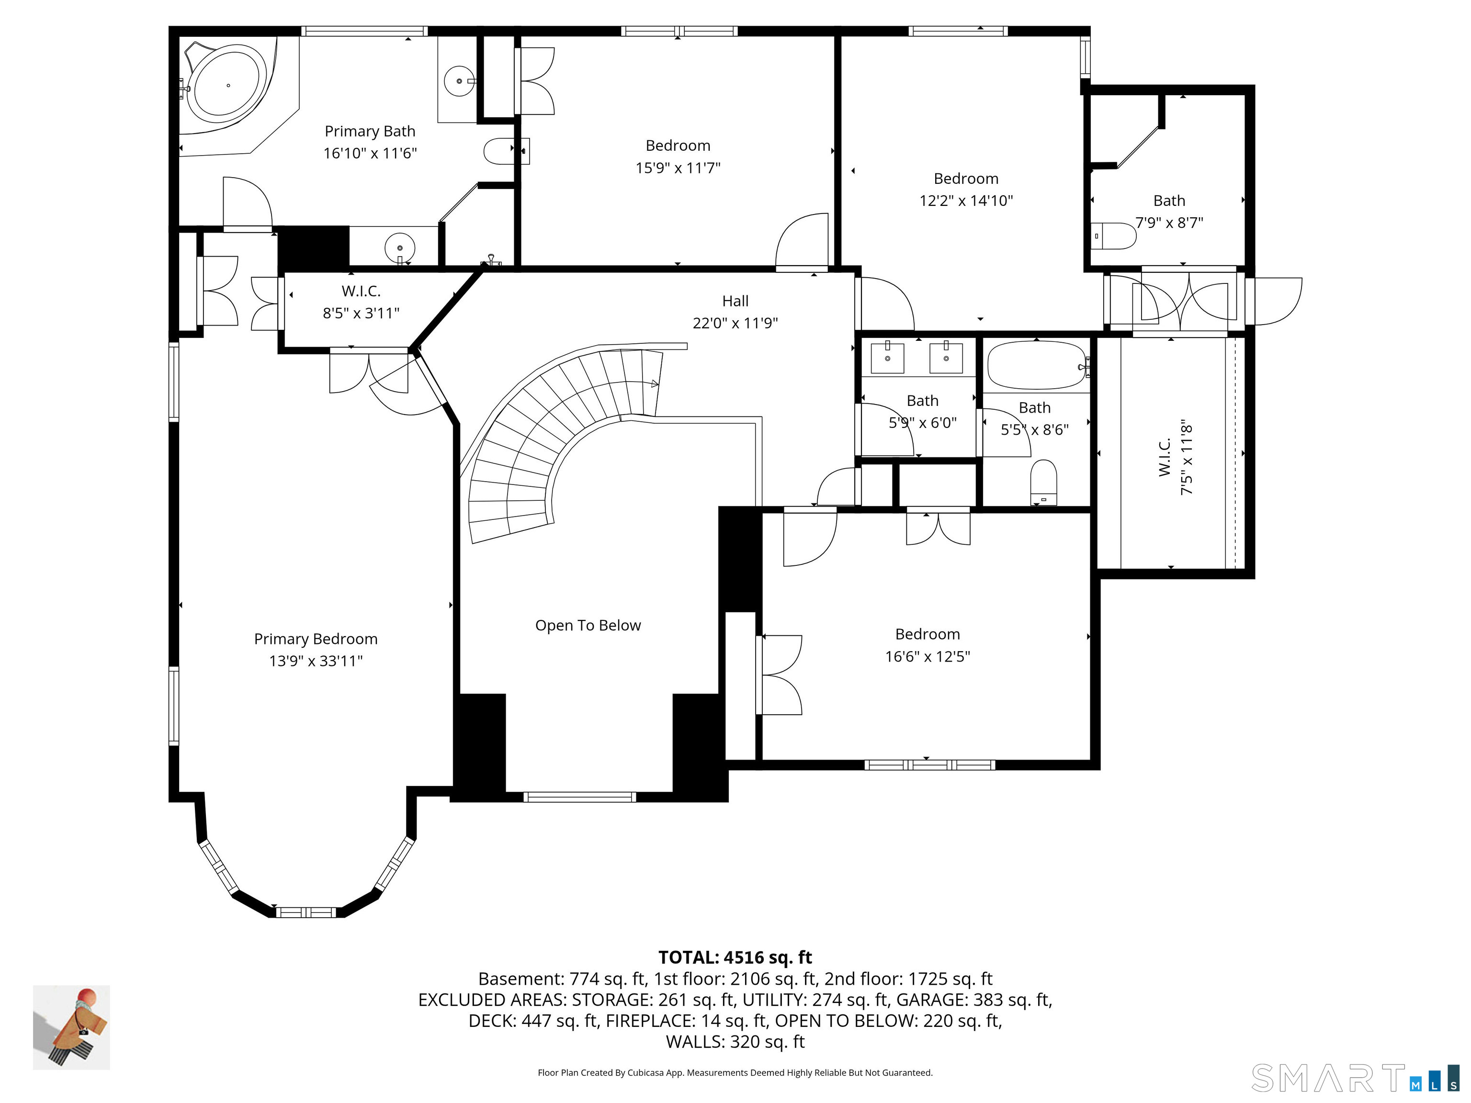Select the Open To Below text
(x=588, y=626)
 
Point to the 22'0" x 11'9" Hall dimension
(x=735, y=323)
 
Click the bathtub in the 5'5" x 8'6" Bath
(x=1036, y=366)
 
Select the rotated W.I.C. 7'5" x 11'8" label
(x=1175, y=457)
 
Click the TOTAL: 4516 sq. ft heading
(x=735, y=957)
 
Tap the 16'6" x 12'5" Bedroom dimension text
(x=927, y=657)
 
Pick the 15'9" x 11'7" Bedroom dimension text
(x=678, y=168)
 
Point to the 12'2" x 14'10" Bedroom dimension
(x=966, y=201)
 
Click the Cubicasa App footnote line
(x=735, y=1072)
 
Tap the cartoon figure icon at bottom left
(x=72, y=1027)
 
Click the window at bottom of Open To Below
(x=579, y=797)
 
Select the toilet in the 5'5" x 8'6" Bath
(x=1043, y=483)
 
